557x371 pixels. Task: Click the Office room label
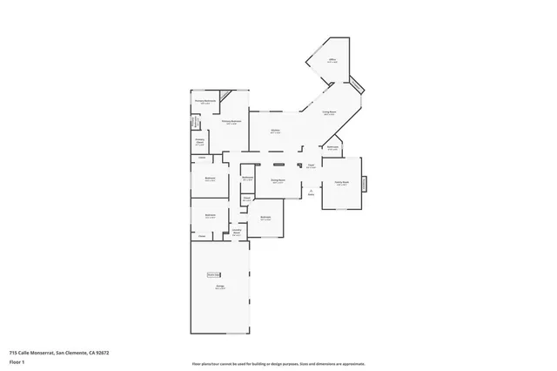(332, 62)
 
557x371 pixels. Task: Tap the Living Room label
(330, 114)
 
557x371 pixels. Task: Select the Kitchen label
(275, 132)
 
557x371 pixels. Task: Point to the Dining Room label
(278, 182)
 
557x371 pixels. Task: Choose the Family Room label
(342, 183)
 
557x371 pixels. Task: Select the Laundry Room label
(237, 233)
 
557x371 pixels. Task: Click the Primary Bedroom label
(230, 122)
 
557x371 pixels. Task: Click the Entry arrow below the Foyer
(311, 192)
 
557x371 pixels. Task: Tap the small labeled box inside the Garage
(212, 272)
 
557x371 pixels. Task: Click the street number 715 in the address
(12, 352)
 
